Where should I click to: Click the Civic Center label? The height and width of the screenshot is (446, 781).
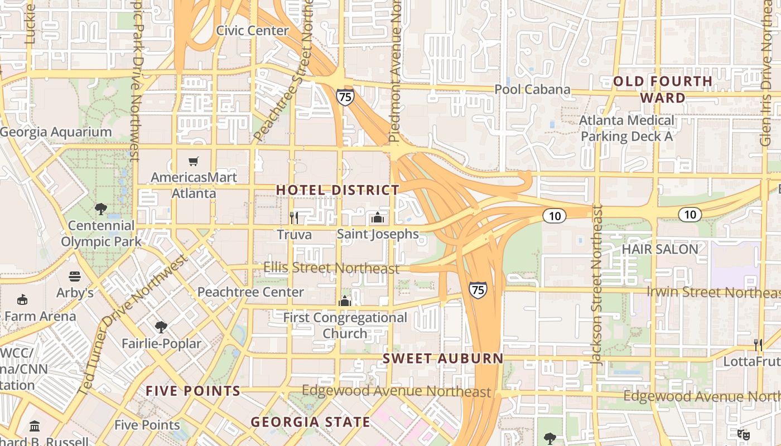click(x=252, y=31)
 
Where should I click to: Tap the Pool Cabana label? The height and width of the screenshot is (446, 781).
click(x=532, y=90)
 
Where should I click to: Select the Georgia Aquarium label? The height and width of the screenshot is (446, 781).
click(x=56, y=132)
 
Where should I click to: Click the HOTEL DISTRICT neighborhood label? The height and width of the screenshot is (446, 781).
click(x=338, y=190)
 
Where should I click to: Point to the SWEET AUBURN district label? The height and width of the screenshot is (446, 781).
click(x=442, y=358)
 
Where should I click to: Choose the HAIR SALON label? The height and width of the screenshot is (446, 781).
click(x=659, y=249)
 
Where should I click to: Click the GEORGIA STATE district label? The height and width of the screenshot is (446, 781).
click(x=310, y=422)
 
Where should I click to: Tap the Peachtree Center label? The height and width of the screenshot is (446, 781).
click(x=250, y=292)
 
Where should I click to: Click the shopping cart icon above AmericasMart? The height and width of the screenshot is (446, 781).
click(x=194, y=162)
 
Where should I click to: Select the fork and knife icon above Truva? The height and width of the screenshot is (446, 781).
click(x=294, y=217)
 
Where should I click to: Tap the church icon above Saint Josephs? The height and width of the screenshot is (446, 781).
click(x=378, y=217)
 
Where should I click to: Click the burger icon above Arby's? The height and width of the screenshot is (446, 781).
click(x=75, y=277)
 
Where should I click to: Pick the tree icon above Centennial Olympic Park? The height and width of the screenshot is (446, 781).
click(x=101, y=210)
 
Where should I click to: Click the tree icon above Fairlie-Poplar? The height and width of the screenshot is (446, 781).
click(x=161, y=327)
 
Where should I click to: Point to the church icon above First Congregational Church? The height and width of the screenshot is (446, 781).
click(x=345, y=301)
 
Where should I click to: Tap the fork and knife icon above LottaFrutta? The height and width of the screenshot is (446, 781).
click(x=758, y=345)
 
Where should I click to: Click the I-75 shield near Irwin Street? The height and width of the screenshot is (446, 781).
click(x=478, y=289)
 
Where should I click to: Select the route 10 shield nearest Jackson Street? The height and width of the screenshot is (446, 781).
click(x=555, y=216)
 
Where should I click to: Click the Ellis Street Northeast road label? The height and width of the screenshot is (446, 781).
click(x=331, y=268)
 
